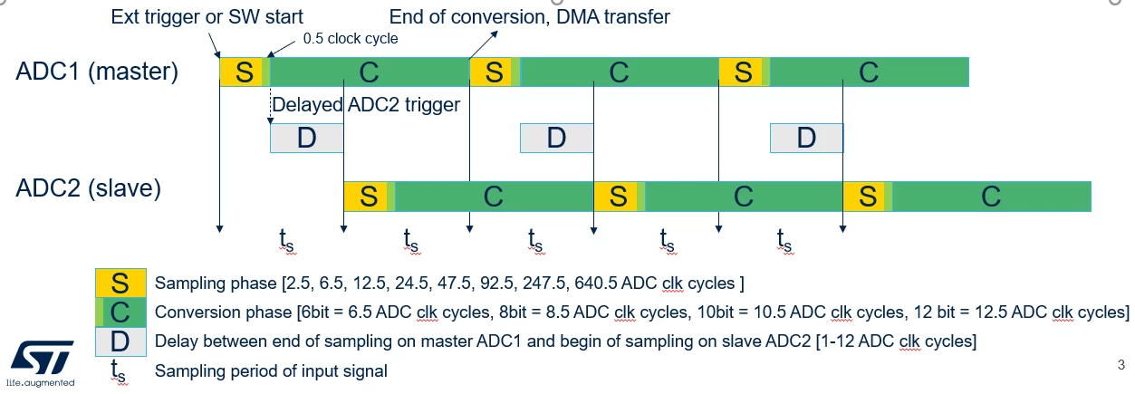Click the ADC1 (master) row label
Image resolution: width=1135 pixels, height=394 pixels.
97,72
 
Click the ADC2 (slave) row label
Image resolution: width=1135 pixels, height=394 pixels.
88,188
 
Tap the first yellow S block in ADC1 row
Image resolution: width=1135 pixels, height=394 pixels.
241,72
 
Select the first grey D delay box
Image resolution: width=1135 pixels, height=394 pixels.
306,139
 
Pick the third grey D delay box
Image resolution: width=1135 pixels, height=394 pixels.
807,139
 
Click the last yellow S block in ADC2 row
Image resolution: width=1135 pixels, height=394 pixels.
864,197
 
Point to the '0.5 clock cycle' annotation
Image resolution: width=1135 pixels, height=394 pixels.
351,38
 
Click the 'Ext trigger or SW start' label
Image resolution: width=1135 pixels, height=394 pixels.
207,17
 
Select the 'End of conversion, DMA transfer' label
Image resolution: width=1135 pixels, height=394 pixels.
530,17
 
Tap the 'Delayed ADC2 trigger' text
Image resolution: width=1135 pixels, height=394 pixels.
366,105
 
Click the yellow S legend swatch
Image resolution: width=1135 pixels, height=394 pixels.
120,283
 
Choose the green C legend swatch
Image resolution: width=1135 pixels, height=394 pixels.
120,312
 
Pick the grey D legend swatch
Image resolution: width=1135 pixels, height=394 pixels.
120,341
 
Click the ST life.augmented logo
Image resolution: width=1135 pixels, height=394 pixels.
41,363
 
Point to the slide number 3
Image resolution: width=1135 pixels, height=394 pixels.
1121,365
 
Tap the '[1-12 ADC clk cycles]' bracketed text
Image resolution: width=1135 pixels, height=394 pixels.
896,341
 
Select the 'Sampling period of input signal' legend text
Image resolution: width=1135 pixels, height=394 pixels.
271,371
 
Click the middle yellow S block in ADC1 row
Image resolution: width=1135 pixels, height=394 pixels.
491,72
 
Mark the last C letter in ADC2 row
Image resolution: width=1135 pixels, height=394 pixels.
991,197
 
